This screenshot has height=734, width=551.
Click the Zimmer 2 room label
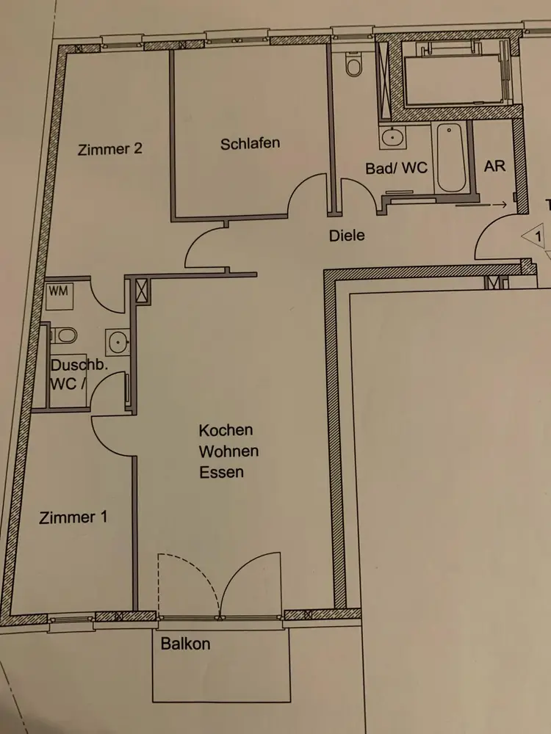pyautogui.click(x=109, y=149)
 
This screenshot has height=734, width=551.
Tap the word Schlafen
pyautogui.click(x=251, y=143)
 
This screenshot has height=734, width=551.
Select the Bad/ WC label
pyautogui.click(x=397, y=168)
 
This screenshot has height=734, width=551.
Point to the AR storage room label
pyautogui.click(x=494, y=166)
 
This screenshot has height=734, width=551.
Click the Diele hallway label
pyautogui.click(x=347, y=235)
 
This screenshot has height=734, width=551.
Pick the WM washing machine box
pyautogui.click(x=60, y=296)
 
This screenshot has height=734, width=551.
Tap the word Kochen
pyautogui.click(x=226, y=429)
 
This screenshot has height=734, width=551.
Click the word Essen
pyautogui.click(x=222, y=472)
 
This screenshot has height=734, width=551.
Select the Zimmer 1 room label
pyautogui.click(x=73, y=517)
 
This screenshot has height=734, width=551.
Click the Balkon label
pyautogui.click(x=186, y=644)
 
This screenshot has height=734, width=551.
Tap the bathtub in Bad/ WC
pyautogui.click(x=451, y=157)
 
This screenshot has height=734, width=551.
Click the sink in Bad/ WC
pyautogui.click(x=392, y=137)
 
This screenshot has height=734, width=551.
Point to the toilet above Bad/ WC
pyautogui.click(x=354, y=65)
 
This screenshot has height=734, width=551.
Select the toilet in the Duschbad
pyautogui.click(x=64, y=335)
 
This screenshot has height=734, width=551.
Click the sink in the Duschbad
pyautogui.click(x=117, y=342)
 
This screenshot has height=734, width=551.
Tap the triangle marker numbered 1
pyautogui.click(x=534, y=236)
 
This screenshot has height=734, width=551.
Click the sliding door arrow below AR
pyautogui.click(x=481, y=205)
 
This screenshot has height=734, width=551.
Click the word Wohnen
pyautogui.click(x=228, y=451)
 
